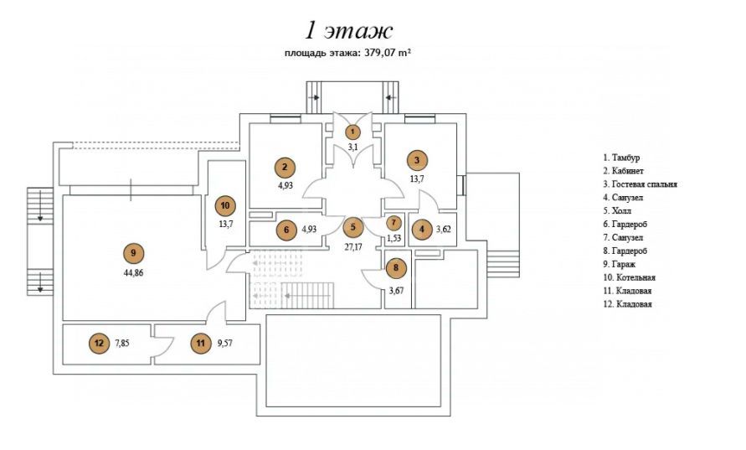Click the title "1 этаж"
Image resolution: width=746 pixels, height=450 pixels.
[x=348, y=31]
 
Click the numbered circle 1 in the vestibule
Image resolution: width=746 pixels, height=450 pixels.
[x=353, y=132]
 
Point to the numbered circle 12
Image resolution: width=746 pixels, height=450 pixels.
[x=99, y=342]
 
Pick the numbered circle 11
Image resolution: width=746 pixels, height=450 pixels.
[x=199, y=342]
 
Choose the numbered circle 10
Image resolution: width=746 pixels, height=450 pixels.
[x=224, y=204]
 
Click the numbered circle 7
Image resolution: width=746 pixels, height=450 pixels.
[x=394, y=224]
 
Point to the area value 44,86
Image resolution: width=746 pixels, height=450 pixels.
[x=132, y=273]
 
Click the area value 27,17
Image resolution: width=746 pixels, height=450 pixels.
[x=353, y=247]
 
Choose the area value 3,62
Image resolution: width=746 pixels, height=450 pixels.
[x=443, y=228]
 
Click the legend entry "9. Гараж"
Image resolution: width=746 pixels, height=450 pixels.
[x=621, y=263]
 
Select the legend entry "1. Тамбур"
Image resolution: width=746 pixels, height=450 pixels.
[x=626, y=157]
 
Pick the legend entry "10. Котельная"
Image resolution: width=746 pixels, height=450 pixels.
[x=629, y=277]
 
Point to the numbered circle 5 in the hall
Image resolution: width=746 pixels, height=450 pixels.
[x=353, y=227]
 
